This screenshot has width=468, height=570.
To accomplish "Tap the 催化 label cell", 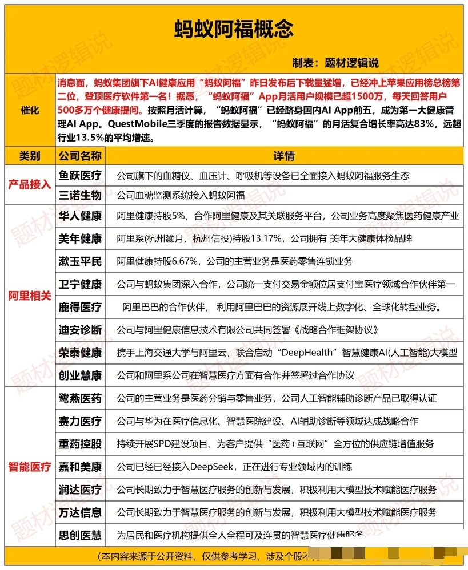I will (x=30, y=110).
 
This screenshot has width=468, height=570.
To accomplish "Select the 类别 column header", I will (x=30, y=156).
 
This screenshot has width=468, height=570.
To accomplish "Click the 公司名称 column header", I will (x=80, y=156).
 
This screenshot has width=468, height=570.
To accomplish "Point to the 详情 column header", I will (x=283, y=156).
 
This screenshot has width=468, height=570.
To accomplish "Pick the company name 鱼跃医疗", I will (x=80, y=175).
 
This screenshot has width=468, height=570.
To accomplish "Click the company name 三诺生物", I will (x=80, y=195).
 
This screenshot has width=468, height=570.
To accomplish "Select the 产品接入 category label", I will (x=30, y=185).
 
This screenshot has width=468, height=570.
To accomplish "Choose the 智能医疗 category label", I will (x=30, y=467).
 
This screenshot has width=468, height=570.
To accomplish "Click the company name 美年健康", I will (x=80, y=238).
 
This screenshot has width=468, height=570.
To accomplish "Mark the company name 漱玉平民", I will (x=80, y=261).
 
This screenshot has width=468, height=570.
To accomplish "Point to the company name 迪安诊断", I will (x=80, y=330).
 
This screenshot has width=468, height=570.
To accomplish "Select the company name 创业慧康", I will (x=80, y=375).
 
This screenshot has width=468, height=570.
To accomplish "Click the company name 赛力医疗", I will (x=80, y=421).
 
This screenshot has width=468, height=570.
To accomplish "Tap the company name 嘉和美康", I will (x=80, y=467).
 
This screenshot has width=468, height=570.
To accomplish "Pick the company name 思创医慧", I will (x=80, y=535).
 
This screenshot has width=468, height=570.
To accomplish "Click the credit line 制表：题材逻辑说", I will (x=335, y=63).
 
